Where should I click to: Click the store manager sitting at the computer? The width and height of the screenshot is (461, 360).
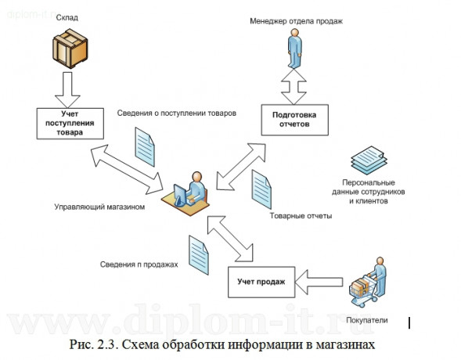coord(186,191)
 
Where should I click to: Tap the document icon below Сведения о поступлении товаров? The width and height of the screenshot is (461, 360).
coord(146,146)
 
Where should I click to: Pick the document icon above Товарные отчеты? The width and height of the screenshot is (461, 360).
coord(261,187)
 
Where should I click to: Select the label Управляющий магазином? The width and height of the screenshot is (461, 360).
coord(100,207)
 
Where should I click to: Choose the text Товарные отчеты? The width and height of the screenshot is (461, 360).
coord(301,215)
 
